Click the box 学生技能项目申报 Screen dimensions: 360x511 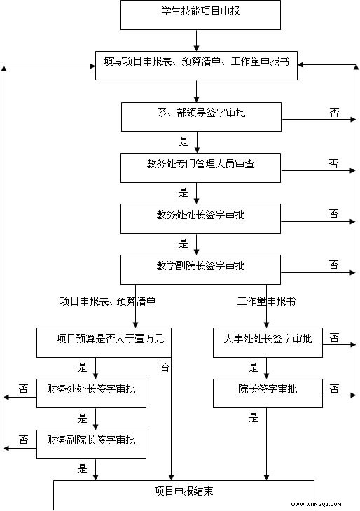point(200,15)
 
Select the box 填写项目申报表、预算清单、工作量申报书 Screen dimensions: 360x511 point(196,66)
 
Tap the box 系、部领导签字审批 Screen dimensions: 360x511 point(201,117)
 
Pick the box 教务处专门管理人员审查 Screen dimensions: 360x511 point(200,168)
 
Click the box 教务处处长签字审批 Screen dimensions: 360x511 point(200,218)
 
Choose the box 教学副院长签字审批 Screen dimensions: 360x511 point(200,269)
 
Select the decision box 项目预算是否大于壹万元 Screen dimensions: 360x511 point(104,342)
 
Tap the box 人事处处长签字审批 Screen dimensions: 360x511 point(268,342)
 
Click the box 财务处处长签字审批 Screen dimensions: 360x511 point(91,393)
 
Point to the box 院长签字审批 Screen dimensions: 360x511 point(268,393)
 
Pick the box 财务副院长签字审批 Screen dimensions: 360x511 point(91,444)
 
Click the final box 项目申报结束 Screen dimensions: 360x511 point(184,496)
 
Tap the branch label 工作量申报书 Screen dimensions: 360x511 point(266,302)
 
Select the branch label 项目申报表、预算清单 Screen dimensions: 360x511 point(108,302)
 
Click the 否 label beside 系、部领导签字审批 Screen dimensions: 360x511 point(334,113)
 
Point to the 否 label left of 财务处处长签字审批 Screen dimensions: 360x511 point(24,388)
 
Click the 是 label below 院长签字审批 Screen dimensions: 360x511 point(253,418)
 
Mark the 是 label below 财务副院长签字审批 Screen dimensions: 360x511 point(82,469)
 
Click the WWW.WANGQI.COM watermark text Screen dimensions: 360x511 point(316,505)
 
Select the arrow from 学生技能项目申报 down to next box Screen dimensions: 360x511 point(196,41)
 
